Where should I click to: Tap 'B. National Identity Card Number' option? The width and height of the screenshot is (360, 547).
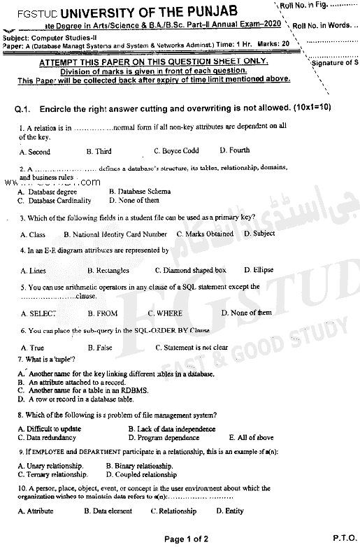(115, 234)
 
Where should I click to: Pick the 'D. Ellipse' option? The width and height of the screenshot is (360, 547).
(259, 270)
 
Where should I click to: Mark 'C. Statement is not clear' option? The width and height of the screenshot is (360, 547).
(192, 348)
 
